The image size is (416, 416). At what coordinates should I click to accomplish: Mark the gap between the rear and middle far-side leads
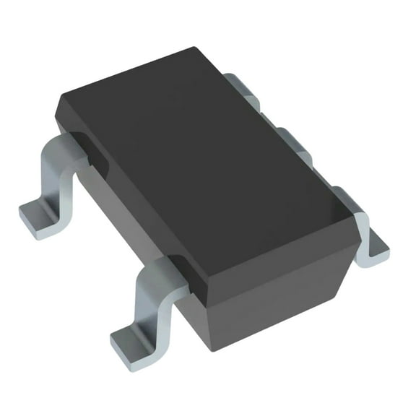267,116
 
